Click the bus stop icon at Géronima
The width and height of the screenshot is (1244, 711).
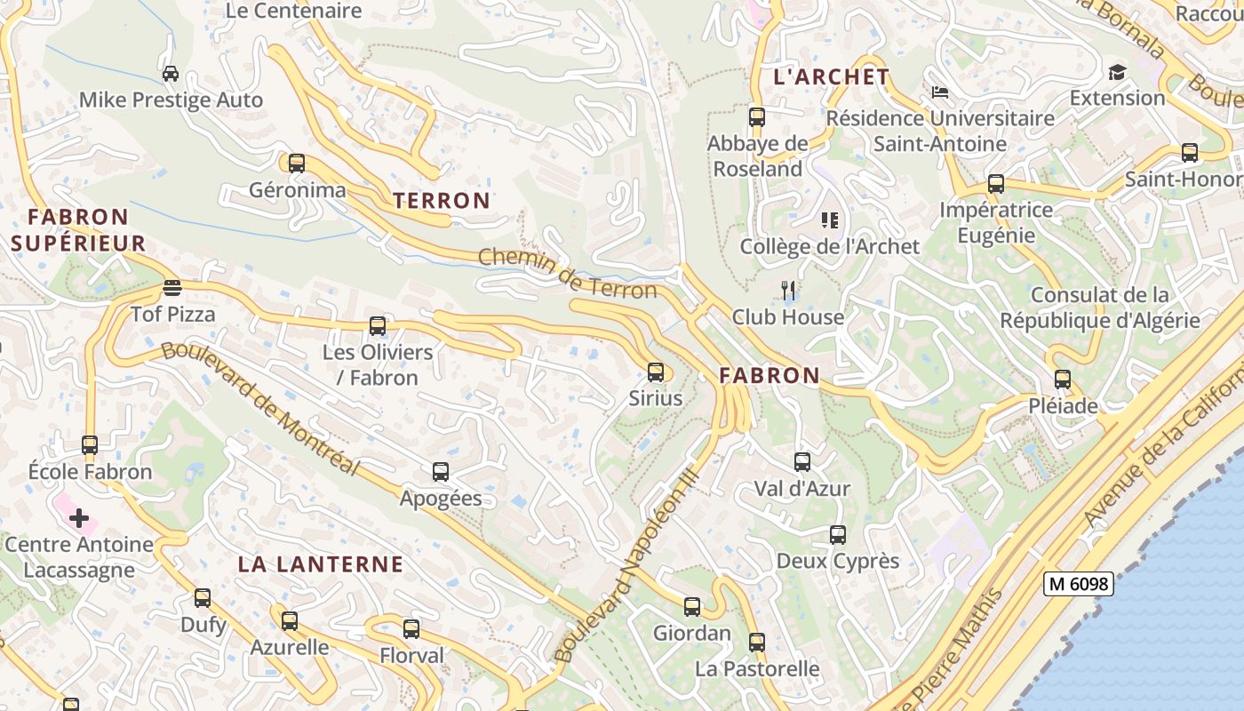[297, 164]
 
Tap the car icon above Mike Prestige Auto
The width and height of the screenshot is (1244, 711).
[171, 73]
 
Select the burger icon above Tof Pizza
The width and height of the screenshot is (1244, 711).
[172, 287]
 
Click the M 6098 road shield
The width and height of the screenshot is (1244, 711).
[1078, 584]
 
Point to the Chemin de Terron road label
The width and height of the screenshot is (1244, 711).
[568, 274]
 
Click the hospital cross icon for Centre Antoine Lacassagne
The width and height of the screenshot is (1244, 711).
[79, 517]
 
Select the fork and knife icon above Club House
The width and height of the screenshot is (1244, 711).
[787, 290]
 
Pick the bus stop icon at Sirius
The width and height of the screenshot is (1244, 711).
[656, 371]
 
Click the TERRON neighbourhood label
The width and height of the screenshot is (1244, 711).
[442, 201]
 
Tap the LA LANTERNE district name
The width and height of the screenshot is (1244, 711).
[321, 564]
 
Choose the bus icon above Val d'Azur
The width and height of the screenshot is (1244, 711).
[802, 461]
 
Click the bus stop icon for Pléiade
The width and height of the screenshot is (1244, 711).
[1063, 379]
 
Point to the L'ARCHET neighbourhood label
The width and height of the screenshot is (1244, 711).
[831, 77]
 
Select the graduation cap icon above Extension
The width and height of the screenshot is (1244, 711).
[1117, 72]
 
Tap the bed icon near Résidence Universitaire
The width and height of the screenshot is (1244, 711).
[940, 92]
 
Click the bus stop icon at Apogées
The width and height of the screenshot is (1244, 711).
[441, 472]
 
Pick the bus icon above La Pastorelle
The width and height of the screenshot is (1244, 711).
[757, 642]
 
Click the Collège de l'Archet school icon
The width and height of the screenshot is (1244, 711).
[830, 220]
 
